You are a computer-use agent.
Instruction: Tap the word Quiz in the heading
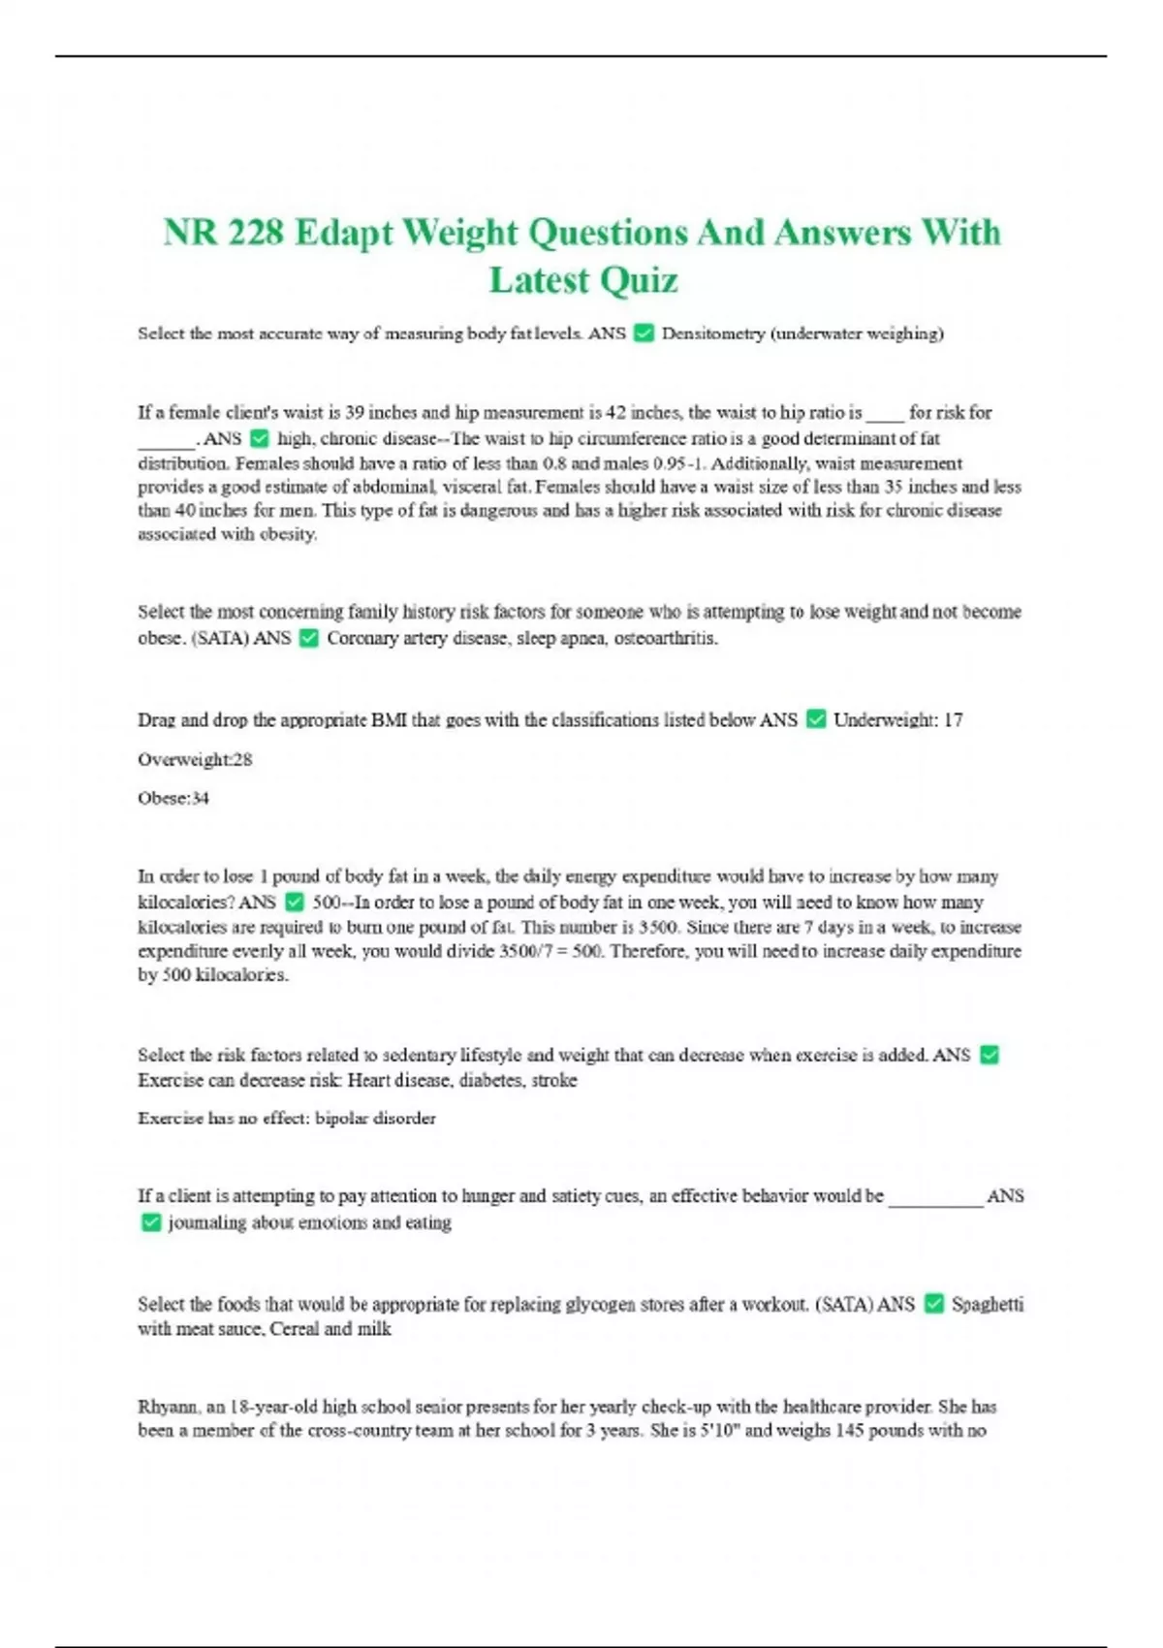637,281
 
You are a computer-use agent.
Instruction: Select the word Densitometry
712,333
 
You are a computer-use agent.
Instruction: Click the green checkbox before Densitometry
644,333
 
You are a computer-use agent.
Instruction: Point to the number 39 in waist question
355,413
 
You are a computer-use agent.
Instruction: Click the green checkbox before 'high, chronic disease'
259,438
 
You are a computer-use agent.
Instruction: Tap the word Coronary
362,638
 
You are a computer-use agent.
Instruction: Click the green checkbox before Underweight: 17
816,719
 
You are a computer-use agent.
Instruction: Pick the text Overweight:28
195,759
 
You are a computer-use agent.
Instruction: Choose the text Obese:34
173,798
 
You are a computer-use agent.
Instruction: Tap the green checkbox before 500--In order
295,903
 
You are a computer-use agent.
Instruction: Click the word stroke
554,1080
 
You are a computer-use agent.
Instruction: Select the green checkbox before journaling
150,1222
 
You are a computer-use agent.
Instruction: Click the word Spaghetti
987,1304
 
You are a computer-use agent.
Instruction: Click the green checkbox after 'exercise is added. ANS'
990,1055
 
